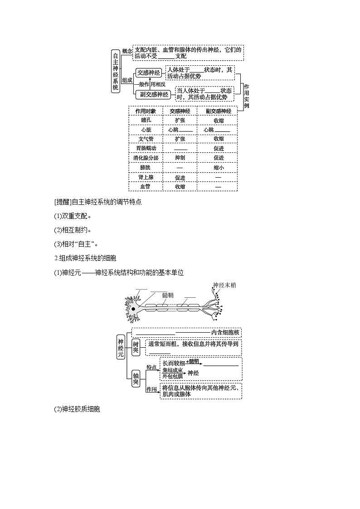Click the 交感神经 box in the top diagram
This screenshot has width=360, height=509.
(148, 73)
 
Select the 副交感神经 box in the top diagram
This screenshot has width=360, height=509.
(154, 94)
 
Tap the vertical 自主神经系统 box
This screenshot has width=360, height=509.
(116, 72)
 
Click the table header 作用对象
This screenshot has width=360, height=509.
(146, 111)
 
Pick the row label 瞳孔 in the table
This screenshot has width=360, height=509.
(146, 120)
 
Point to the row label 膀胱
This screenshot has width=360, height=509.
(146, 168)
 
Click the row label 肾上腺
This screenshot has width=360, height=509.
(146, 177)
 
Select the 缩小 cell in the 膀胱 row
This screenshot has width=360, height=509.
(219, 168)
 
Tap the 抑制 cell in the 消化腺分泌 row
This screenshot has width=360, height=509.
(180, 158)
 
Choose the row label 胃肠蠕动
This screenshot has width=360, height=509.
(146, 148)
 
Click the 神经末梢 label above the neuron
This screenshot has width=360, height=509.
(224, 285)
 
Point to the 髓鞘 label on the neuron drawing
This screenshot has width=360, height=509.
(168, 295)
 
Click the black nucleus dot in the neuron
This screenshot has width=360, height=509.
(133, 309)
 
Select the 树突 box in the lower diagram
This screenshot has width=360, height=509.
(136, 347)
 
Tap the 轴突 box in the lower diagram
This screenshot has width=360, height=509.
(136, 378)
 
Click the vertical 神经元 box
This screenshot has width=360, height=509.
(121, 348)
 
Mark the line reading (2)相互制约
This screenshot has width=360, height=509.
(73, 230)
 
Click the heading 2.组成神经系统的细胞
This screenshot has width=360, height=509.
(85, 258)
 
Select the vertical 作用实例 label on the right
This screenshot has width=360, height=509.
(246, 97)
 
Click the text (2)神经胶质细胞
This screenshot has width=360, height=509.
(77, 409)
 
